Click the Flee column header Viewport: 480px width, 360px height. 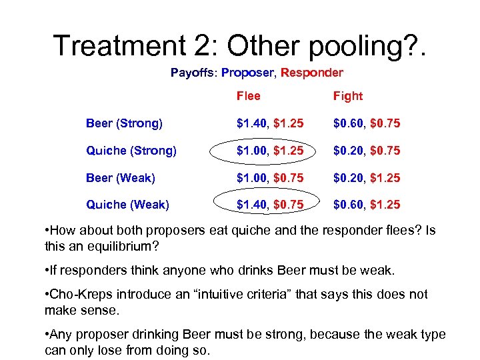click(x=249, y=96)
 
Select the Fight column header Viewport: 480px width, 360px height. click(x=348, y=96)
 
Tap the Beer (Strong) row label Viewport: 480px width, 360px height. click(x=124, y=123)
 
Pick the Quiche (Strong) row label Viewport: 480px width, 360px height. click(x=131, y=151)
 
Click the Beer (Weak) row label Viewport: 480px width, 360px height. click(x=121, y=178)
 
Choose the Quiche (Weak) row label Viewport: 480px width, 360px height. click(x=127, y=205)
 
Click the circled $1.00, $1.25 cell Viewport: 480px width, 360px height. click(x=271, y=151)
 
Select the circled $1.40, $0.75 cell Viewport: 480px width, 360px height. click(x=271, y=205)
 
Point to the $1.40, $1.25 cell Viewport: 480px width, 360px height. click(x=271, y=123)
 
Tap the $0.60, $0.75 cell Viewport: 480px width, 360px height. click(x=367, y=123)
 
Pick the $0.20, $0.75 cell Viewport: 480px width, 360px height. click(x=367, y=151)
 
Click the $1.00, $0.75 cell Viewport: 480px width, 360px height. click(x=271, y=178)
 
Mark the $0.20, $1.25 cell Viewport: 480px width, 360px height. click(x=367, y=178)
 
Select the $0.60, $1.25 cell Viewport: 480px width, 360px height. click(x=367, y=205)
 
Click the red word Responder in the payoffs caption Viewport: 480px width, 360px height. click(x=312, y=73)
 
